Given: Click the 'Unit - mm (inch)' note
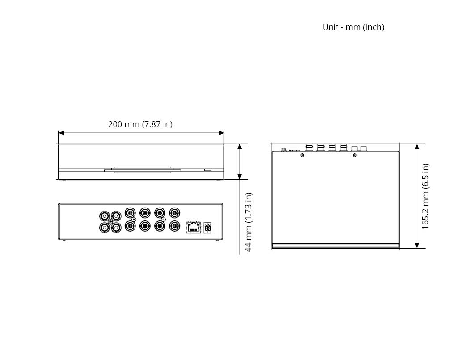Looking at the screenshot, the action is pos(353,27).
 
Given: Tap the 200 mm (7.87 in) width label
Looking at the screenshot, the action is pos(140,124).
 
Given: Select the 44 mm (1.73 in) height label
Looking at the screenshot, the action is pos(249,222).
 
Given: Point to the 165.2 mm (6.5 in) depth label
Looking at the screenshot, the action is pos(425,196).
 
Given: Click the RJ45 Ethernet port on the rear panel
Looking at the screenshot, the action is pos(194,227).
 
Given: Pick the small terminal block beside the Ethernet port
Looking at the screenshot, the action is pos(207,228).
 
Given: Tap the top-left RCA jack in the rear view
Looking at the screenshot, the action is pos(105,216).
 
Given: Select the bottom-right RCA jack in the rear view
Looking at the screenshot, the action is pos(116,227).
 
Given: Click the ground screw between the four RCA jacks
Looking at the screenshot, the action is pos(110,222).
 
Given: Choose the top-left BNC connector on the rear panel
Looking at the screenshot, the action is pos(130,213).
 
